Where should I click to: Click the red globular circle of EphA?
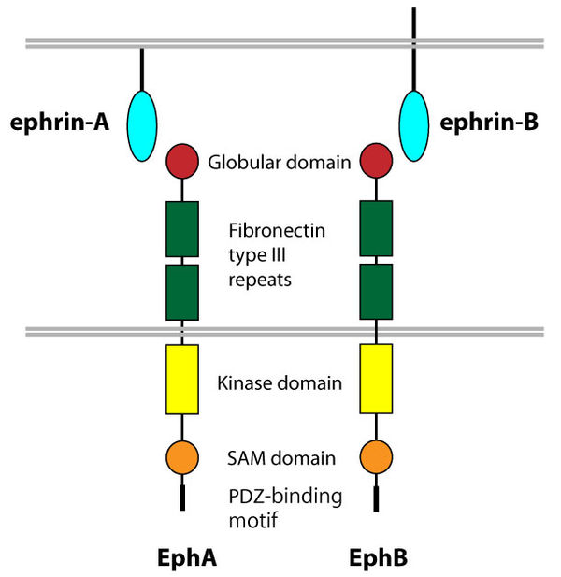point(182,161)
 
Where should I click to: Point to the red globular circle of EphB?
point(376,161)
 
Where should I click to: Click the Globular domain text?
point(279,162)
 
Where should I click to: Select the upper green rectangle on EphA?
point(182,228)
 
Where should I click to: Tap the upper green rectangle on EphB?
point(376,228)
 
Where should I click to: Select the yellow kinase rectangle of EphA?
point(182,379)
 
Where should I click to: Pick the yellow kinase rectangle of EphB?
point(376,379)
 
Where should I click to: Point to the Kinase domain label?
point(279,383)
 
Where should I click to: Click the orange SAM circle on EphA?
point(182,457)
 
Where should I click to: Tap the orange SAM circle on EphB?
point(376,457)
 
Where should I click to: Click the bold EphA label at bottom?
point(187,557)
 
